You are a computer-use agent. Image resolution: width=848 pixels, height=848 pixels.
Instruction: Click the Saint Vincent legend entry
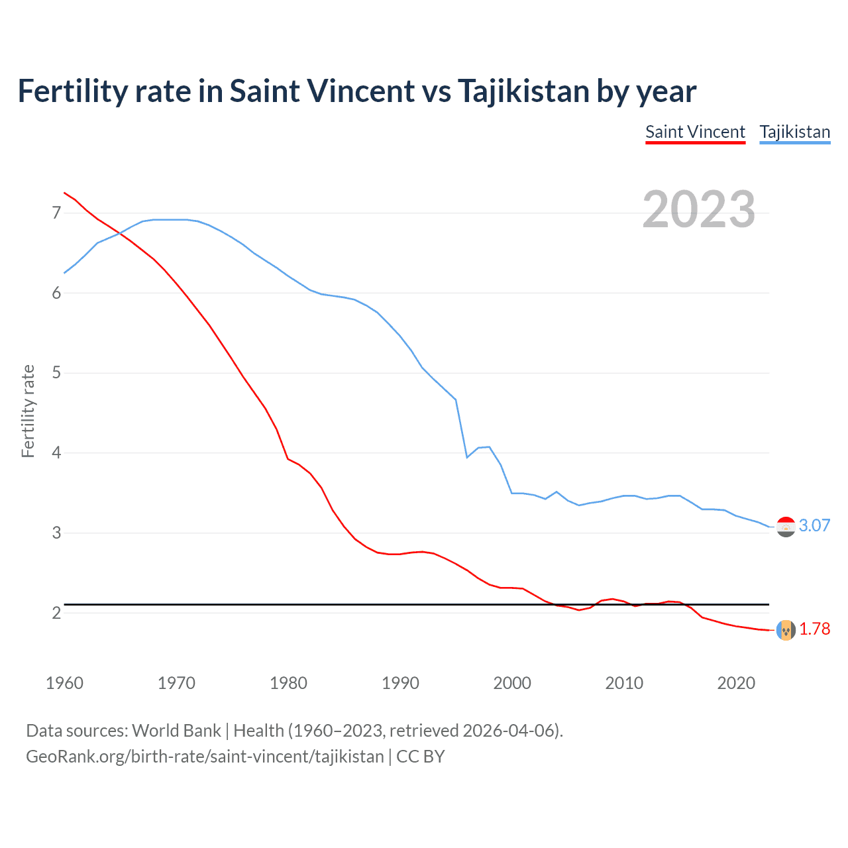click(695, 132)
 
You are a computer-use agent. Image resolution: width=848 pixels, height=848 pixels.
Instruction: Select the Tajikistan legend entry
click(794, 132)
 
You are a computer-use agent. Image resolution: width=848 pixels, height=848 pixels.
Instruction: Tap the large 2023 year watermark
click(698, 209)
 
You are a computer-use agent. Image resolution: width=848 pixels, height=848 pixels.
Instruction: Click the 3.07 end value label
click(814, 525)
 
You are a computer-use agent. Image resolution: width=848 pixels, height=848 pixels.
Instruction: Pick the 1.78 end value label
click(814, 629)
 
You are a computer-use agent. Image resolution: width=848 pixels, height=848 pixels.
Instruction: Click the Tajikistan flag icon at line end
click(786, 527)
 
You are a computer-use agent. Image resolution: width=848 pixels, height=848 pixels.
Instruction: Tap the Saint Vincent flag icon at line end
click(786, 630)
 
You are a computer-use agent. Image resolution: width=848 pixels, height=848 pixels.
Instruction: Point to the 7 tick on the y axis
click(56, 213)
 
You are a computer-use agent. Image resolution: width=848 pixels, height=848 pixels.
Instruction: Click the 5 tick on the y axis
click(56, 373)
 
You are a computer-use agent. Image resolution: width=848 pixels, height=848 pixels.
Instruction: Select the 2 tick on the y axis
click(56, 613)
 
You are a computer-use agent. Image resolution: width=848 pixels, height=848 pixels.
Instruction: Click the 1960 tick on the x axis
click(64, 683)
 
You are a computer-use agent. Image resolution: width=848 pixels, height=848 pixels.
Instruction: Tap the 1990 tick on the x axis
click(400, 683)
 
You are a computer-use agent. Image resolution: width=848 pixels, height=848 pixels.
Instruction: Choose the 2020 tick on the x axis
click(736, 683)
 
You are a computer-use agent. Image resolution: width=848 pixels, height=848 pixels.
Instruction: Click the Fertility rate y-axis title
click(28, 411)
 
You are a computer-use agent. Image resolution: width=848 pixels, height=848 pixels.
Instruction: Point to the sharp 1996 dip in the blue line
click(467, 457)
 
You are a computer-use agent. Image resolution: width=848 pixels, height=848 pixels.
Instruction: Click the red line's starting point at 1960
click(64, 193)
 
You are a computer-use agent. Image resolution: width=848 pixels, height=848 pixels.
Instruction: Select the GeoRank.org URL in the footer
click(205, 757)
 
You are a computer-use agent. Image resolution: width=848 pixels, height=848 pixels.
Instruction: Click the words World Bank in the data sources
click(176, 731)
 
